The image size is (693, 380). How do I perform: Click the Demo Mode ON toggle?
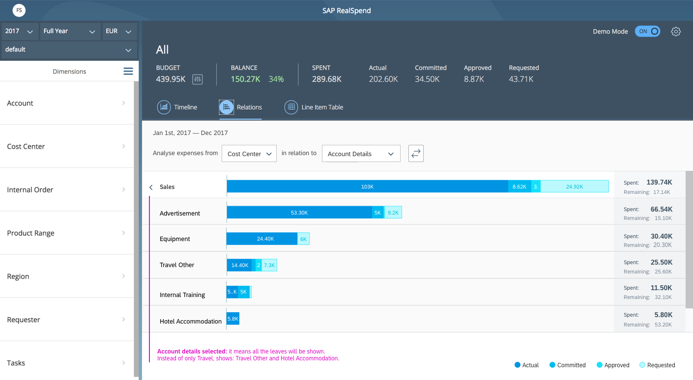pos(647,31)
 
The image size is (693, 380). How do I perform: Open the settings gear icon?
pos(676,31)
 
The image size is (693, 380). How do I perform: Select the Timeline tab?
pos(177,107)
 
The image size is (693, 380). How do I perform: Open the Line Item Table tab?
pos(314,107)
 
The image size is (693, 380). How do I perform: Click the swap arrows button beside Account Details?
pos(416,153)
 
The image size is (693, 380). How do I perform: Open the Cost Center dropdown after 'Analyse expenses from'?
pos(249,154)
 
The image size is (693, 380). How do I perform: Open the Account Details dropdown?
pos(361,154)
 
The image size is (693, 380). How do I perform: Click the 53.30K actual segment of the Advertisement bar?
pos(299,212)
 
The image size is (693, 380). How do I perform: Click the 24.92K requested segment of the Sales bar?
pos(575,186)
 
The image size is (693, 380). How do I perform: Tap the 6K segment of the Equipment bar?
pos(303,239)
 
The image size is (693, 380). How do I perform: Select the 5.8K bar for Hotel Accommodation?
pos(233,319)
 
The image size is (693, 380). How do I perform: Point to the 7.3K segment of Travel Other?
pos(269,265)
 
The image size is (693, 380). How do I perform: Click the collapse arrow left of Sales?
pos(151,187)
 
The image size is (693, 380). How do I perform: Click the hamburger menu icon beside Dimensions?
pos(128,71)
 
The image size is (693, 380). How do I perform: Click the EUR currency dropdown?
pos(119,31)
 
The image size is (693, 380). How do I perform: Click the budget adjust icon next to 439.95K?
pos(198,80)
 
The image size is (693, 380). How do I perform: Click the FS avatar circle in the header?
pos(19,10)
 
